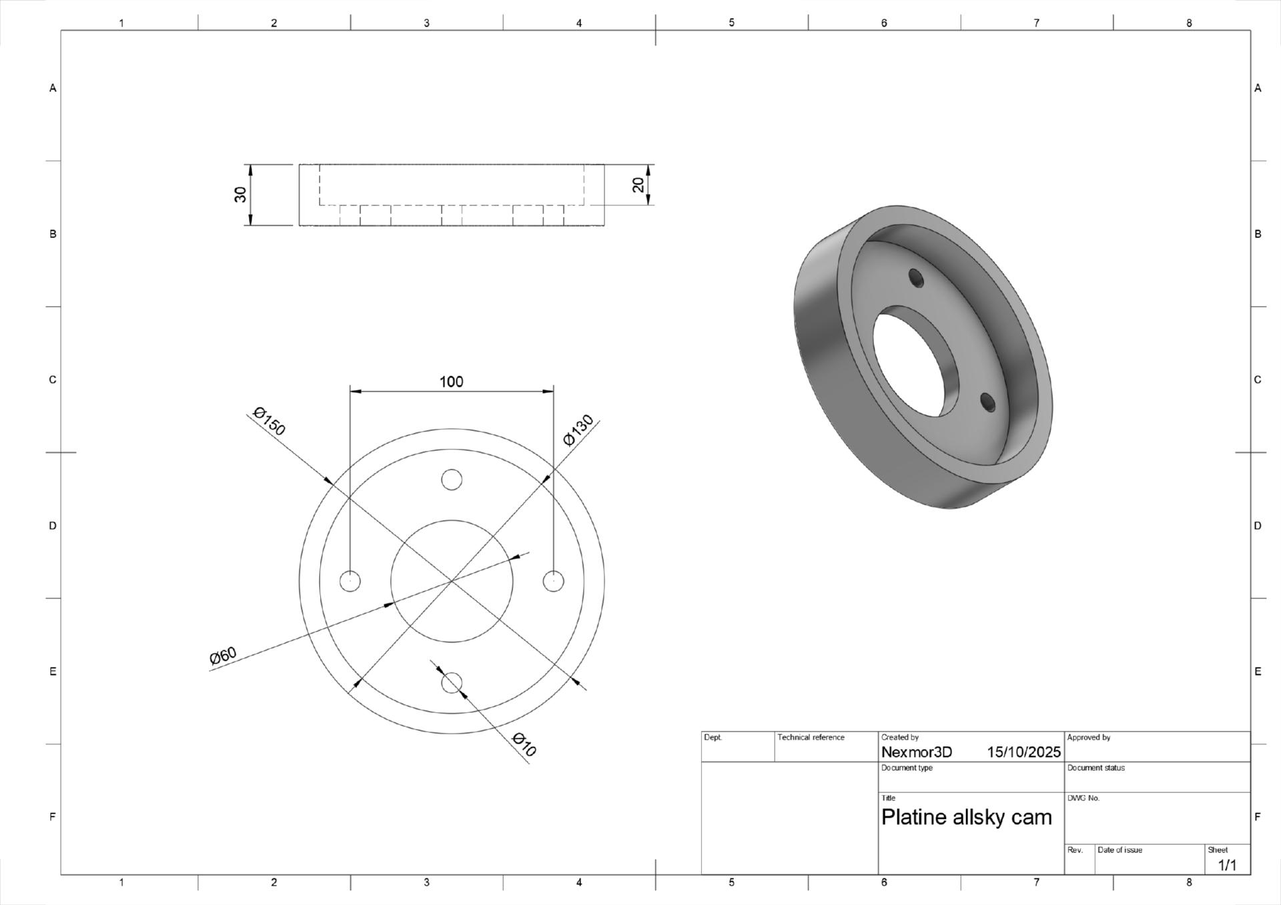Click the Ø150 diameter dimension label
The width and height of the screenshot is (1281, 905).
tap(270, 421)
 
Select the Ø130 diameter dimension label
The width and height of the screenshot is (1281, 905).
tap(578, 430)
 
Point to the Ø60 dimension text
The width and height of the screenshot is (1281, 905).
tap(223, 656)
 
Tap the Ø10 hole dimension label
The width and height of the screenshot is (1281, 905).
tap(524, 744)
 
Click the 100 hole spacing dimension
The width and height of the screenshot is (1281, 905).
tap(451, 381)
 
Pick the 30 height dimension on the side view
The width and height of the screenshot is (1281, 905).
tap(241, 194)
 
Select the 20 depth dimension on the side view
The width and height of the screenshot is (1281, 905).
tap(638, 185)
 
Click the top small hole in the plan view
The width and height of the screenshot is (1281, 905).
tap(452, 480)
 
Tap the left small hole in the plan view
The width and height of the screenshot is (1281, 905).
tap(350, 581)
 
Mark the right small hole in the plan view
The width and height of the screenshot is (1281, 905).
tap(553, 581)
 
